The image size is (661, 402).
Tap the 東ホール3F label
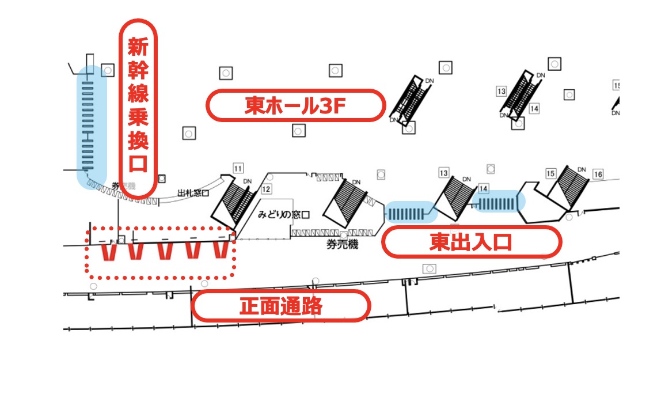click(x=295, y=105)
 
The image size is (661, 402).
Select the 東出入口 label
click(x=471, y=242)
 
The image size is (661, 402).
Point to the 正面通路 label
click(x=280, y=306)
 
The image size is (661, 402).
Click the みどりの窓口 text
click(x=284, y=214)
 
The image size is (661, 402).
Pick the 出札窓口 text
click(x=193, y=193)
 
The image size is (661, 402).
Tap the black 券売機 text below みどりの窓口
click(x=343, y=245)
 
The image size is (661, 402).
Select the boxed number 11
click(x=238, y=168)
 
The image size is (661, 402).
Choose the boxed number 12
click(x=265, y=188)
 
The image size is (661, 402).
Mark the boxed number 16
click(x=598, y=174)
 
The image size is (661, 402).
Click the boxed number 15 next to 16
click(x=551, y=173)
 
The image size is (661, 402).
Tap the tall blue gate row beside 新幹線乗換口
click(x=92, y=127)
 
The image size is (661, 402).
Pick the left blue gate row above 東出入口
click(x=410, y=213)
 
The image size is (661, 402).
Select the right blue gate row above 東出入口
click(x=499, y=203)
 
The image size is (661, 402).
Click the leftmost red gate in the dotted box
click(x=108, y=252)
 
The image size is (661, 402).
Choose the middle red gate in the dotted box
click(x=165, y=251)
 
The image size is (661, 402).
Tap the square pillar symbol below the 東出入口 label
click(x=429, y=268)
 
